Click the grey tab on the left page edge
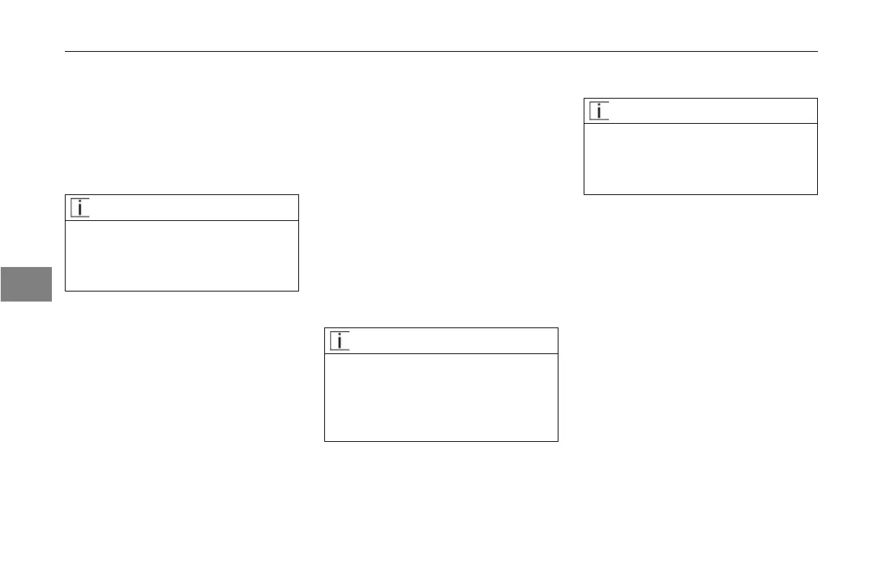click(26, 284)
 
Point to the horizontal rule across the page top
click(441, 51)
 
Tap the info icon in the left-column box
click(80, 207)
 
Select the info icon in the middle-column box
click(339, 340)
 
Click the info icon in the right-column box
click(599, 111)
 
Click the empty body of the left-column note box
click(182, 255)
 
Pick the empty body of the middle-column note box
click(441, 397)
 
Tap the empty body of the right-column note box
click(700, 158)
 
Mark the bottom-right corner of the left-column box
click(298, 291)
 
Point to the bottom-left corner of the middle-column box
click(325, 440)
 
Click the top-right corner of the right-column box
click(817, 99)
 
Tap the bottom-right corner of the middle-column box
click(558, 440)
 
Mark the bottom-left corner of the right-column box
click(584, 194)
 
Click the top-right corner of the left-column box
click(298, 194)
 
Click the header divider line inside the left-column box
click(182, 220)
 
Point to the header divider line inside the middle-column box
click(441, 353)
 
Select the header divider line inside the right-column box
click(700, 124)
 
